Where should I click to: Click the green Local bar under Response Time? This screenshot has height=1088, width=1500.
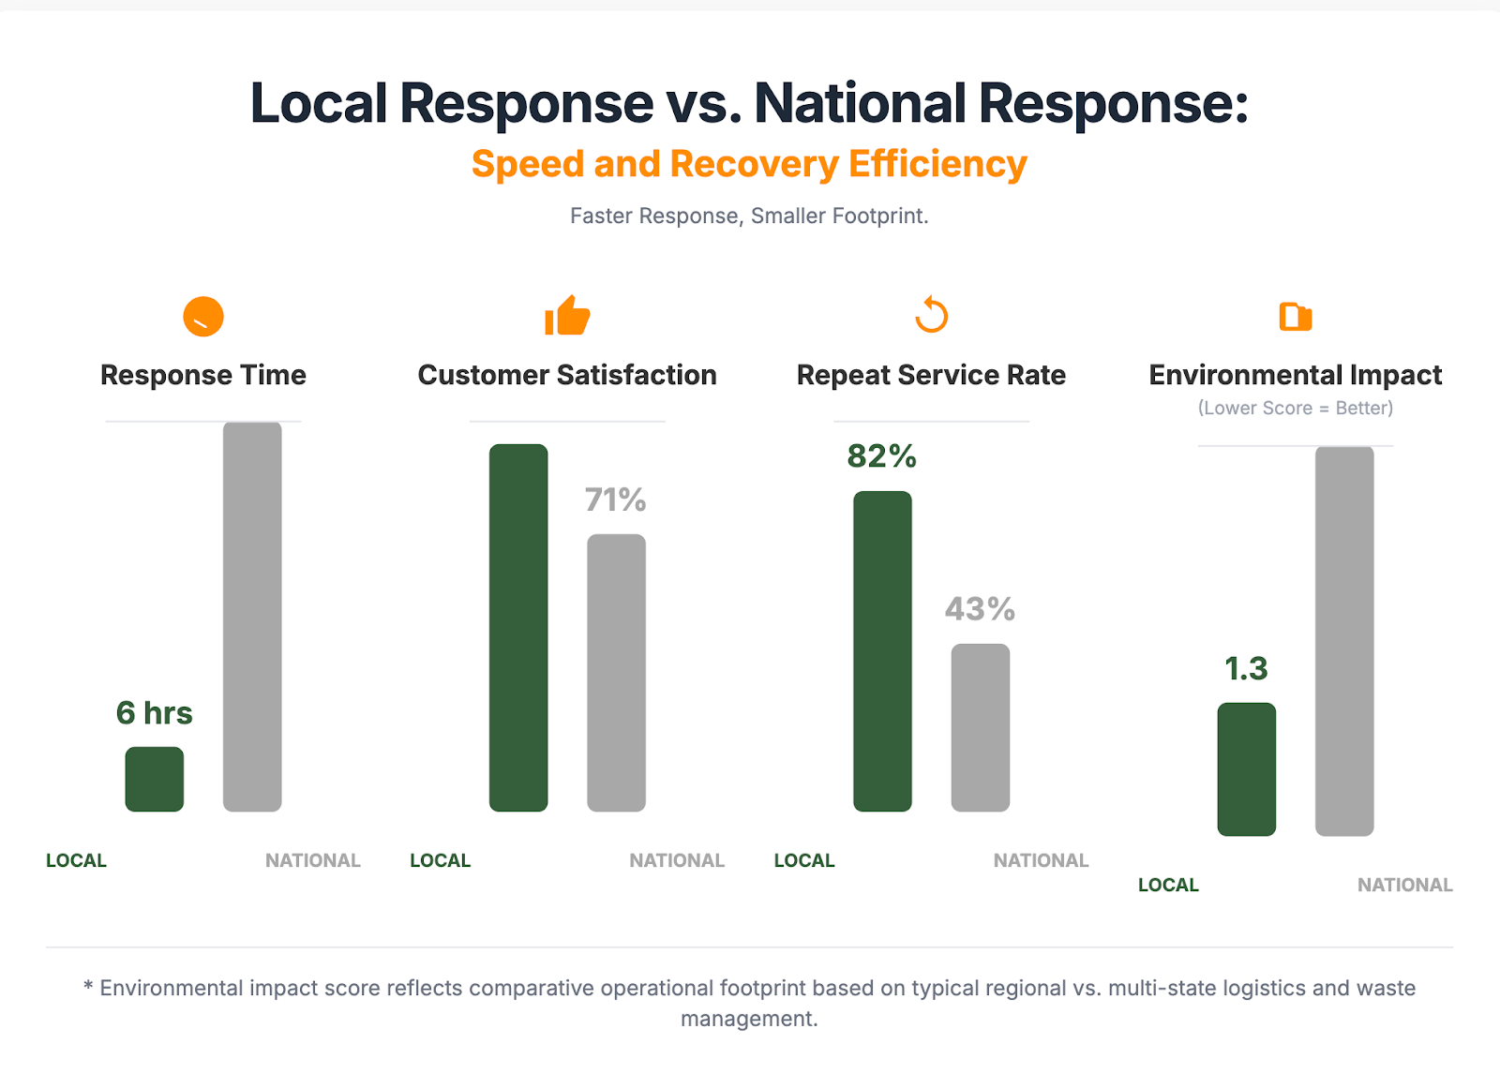click(155, 779)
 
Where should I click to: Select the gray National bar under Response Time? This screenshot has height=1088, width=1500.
click(252, 616)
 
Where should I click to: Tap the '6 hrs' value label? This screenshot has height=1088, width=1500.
click(155, 713)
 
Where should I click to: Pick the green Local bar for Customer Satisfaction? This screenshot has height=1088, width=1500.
click(518, 627)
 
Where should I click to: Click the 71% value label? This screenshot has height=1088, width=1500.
click(616, 500)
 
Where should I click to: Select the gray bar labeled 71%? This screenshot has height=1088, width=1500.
click(616, 672)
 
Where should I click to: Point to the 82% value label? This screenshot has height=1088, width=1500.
click(882, 456)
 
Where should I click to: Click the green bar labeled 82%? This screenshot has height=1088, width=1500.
click(882, 650)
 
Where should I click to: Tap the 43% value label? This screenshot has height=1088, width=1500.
click(980, 610)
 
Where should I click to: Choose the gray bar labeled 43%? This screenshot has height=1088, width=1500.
click(980, 727)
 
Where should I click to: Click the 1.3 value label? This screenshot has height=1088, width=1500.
click(1246, 669)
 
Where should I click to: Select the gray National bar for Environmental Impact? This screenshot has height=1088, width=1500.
click(1344, 641)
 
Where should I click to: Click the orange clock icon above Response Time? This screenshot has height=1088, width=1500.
click(203, 317)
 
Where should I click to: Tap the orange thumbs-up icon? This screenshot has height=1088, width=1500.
click(567, 316)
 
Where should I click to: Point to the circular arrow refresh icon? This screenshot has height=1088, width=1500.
click(932, 316)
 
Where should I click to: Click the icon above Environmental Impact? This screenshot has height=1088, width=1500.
click(1296, 317)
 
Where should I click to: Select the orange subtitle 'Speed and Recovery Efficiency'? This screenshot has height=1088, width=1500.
click(749, 164)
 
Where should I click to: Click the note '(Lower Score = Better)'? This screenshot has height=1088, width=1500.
click(1296, 409)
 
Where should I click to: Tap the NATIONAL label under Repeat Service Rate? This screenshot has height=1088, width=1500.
click(1041, 860)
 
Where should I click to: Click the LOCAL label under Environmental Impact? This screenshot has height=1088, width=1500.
click(1168, 885)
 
